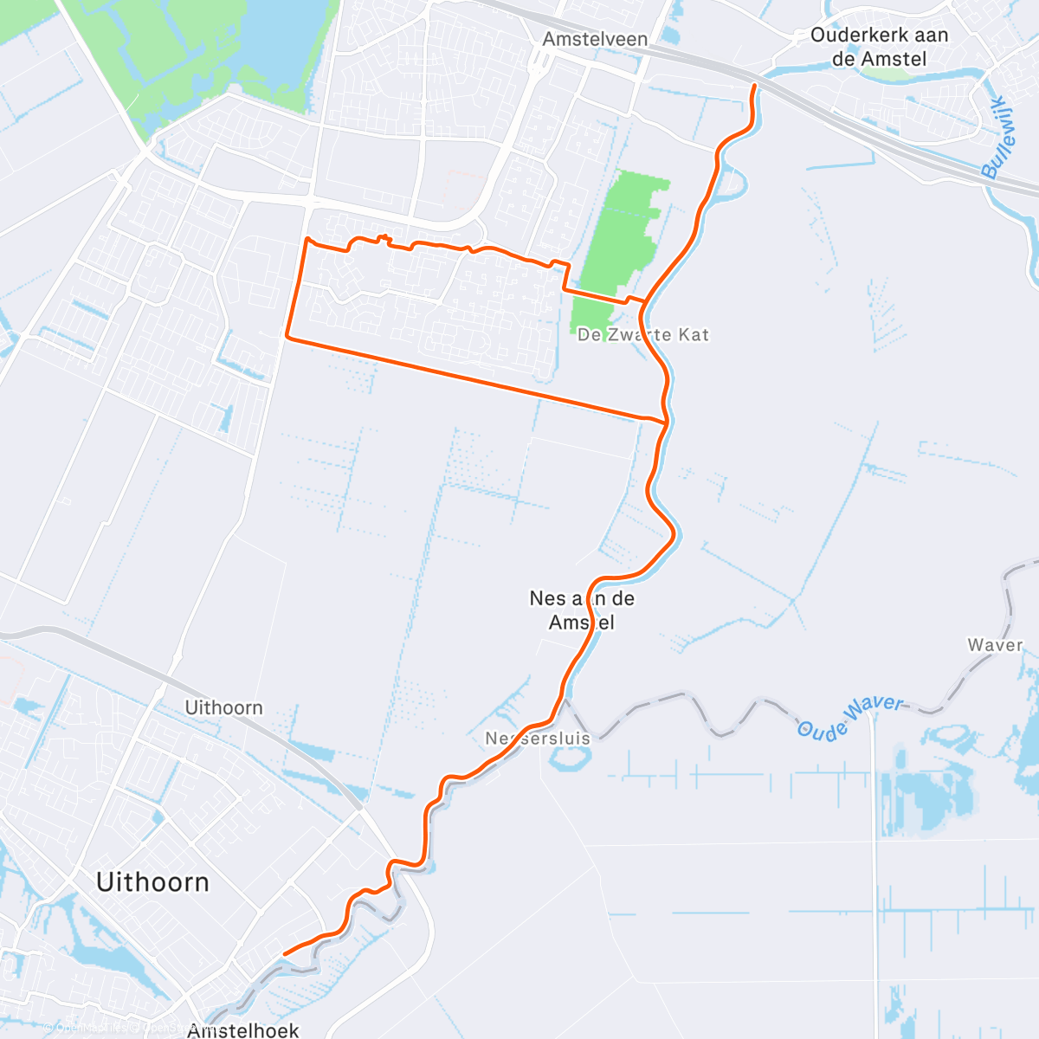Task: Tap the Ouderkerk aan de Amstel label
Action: (x=879, y=47)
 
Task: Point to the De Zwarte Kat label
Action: (x=643, y=334)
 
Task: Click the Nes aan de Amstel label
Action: (x=582, y=610)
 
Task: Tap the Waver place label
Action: (x=995, y=645)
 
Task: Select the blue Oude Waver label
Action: (x=850, y=718)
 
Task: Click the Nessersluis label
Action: (x=538, y=739)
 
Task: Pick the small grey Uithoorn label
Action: (x=223, y=707)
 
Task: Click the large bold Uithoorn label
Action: (x=152, y=882)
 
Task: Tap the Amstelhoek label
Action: (x=243, y=1030)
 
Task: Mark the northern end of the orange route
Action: (x=755, y=86)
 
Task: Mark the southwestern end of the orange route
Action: (x=285, y=954)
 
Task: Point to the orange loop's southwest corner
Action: (x=287, y=337)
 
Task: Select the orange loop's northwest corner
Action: (x=307, y=238)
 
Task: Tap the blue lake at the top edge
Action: (x=277, y=39)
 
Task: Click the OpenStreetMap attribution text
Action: (x=113, y=1029)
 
